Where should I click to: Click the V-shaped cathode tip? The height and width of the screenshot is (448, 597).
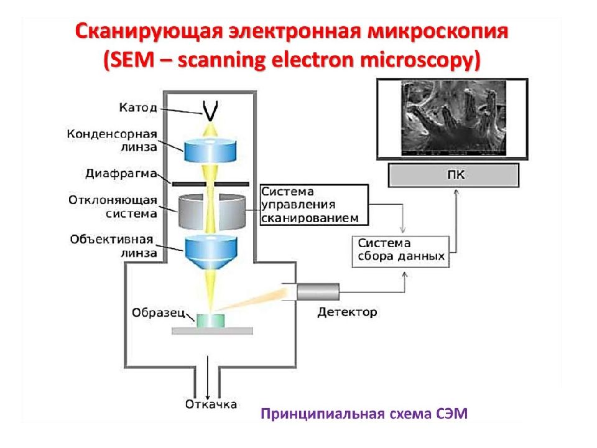coord(210,111)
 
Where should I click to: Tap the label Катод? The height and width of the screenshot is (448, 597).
coord(138,108)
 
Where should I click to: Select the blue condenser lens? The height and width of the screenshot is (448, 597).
coord(210,150)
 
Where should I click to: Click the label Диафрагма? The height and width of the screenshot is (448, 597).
coord(121,174)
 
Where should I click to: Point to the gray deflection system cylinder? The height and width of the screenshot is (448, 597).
coord(211,212)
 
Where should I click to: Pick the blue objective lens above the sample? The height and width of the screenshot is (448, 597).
coord(211,252)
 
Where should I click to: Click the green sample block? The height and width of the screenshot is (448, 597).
coord(211,321)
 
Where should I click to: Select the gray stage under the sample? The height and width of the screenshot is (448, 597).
coord(212,331)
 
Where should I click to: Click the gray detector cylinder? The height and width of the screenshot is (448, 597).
coord(318,292)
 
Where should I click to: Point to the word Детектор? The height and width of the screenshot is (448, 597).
coord(347,312)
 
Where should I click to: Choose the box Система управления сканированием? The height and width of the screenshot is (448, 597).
coord(315,205)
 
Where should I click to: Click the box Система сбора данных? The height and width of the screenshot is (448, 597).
coord(400,251)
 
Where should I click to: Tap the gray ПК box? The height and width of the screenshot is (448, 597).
coord(453,175)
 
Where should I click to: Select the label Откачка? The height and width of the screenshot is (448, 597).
coord(211,404)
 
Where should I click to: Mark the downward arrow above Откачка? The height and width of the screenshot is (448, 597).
coord(208,377)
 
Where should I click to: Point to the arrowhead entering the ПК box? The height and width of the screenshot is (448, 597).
coord(456,192)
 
